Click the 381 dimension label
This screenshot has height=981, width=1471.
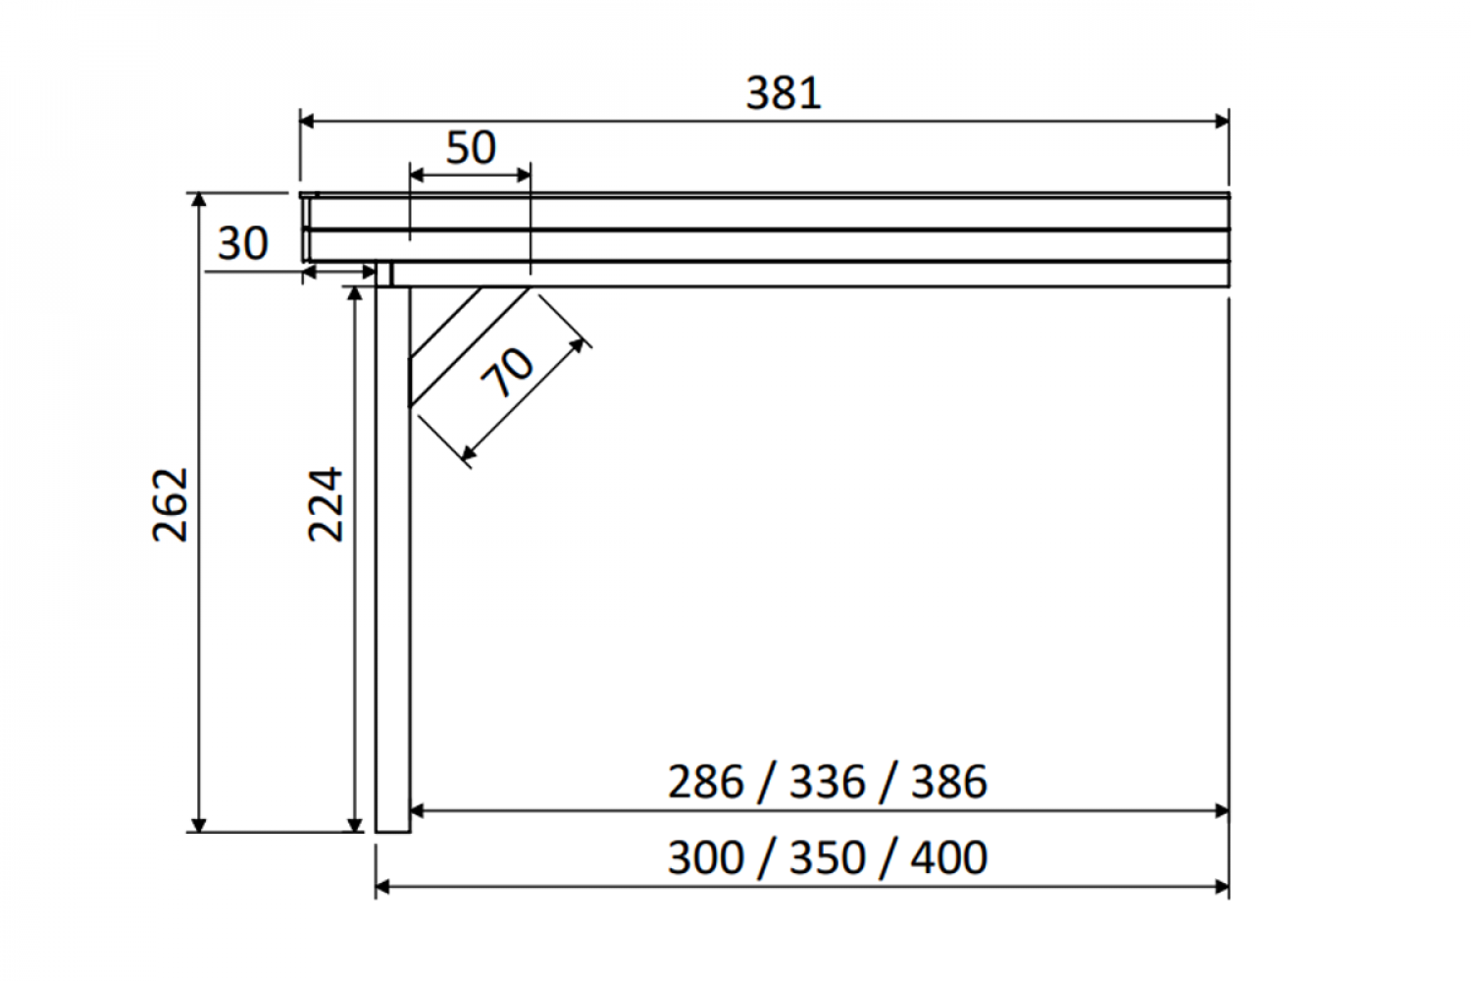click(x=784, y=92)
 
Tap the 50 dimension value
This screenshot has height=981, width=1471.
click(x=470, y=147)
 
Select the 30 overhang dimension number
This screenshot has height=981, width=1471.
click(x=242, y=243)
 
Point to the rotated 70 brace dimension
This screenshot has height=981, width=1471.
click(x=506, y=373)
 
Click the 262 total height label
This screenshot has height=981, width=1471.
click(x=170, y=504)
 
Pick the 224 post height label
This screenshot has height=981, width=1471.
click(x=326, y=504)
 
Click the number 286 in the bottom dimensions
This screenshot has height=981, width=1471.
click(x=705, y=782)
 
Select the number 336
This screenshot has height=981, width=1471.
click(x=827, y=782)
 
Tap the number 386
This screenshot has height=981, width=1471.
click(x=949, y=782)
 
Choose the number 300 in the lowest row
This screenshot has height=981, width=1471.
click(x=705, y=857)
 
